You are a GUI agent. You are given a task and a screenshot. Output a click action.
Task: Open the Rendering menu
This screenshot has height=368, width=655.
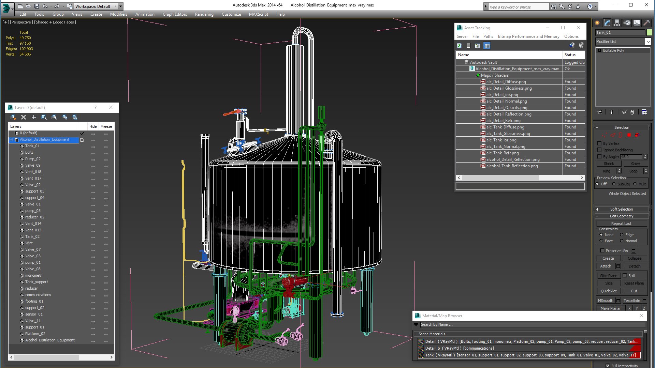coord(204,14)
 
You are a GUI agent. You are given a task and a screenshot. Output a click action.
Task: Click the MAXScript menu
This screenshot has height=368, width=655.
coord(258,14)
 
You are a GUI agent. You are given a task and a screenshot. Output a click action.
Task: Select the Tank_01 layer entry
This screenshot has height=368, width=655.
coord(32,146)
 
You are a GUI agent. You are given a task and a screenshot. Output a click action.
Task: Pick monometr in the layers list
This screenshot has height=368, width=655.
coord(33,275)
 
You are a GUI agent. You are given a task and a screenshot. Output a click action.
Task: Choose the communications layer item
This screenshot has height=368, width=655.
coord(38,295)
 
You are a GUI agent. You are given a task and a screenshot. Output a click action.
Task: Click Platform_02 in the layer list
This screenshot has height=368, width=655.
coord(35,334)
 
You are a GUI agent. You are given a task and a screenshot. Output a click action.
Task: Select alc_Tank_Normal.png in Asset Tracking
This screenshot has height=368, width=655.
coord(506,147)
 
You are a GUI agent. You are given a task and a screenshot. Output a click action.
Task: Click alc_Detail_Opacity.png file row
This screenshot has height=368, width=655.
coord(507,108)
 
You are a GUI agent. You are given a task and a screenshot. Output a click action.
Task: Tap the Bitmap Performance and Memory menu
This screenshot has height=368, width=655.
coord(528,36)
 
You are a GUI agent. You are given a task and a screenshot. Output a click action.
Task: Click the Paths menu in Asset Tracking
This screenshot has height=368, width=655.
coord(488,36)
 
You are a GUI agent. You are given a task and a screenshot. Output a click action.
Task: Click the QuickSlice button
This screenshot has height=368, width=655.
coord(609,291)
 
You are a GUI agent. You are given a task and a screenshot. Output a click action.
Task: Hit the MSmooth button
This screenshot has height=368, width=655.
coord(606,301)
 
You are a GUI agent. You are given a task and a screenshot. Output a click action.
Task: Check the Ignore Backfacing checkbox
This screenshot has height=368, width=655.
coord(600,150)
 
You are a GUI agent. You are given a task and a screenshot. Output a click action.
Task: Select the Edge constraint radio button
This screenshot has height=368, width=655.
coord(622,235)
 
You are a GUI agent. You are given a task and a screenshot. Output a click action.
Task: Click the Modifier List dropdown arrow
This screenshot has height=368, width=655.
coord(648,42)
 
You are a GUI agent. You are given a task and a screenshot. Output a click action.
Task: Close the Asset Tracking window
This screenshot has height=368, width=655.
coord(579,28)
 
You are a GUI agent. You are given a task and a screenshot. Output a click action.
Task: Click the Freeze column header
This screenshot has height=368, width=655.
coord(106,126)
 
